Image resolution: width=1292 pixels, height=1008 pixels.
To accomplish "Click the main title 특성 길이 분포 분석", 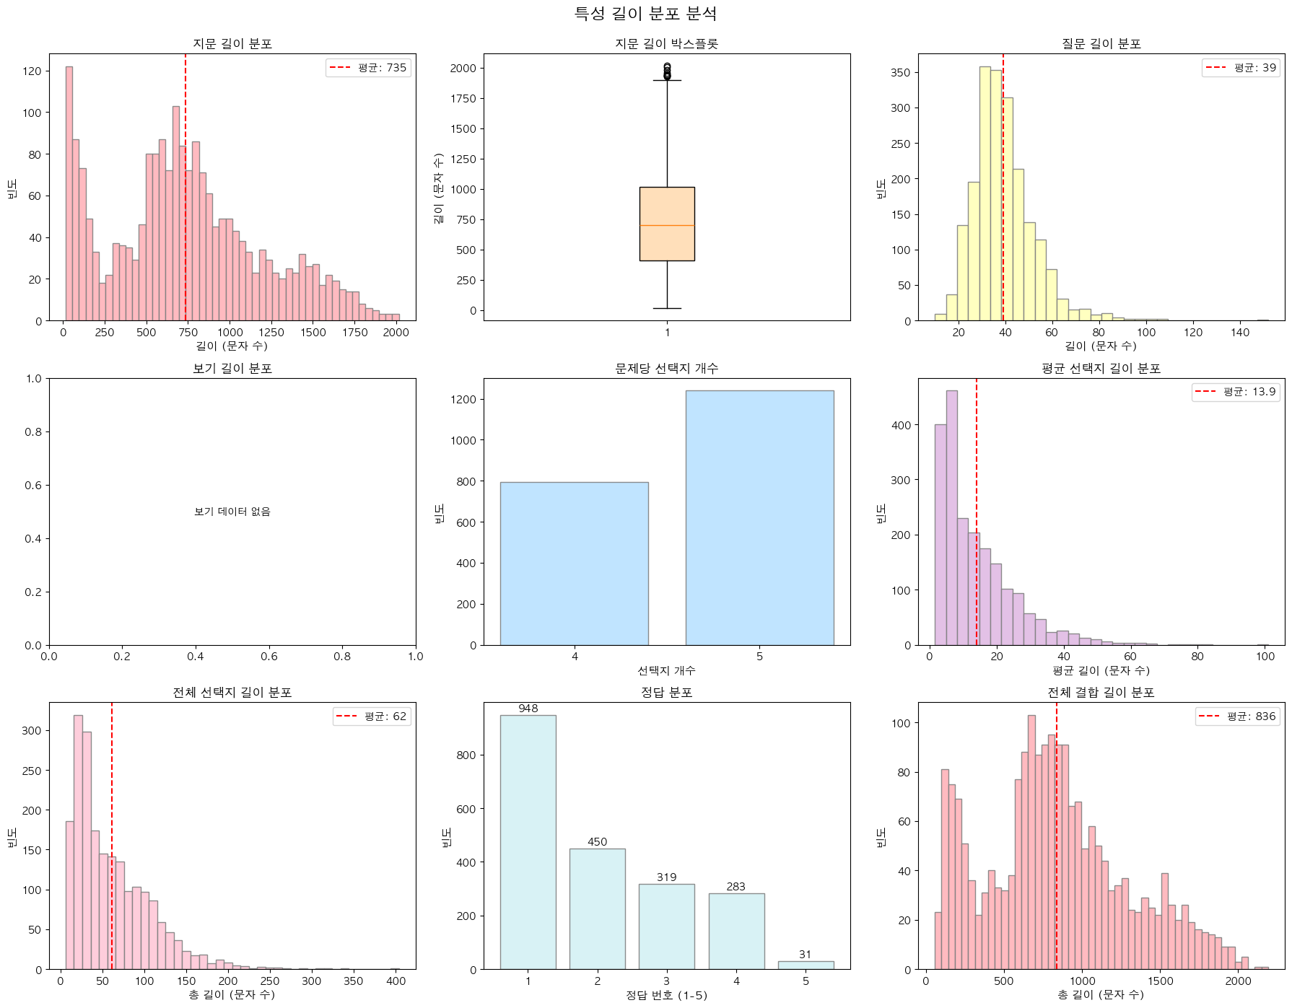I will click(x=645, y=14).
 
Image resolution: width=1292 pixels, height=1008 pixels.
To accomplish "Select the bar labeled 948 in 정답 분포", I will click(x=528, y=841).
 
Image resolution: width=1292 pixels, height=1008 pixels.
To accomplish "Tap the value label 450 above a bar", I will click(x=597, y=842).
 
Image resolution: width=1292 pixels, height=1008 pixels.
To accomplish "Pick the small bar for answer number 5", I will click(x=806, y=965).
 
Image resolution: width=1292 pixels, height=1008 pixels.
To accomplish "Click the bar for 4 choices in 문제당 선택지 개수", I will click(x=574, y=564).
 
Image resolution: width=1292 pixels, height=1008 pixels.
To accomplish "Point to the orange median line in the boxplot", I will click(x=667, y=226).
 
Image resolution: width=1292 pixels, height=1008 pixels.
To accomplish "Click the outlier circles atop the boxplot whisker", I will click(x=667, y=71).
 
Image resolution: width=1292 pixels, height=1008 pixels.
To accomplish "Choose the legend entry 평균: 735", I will click(x=369, y=68).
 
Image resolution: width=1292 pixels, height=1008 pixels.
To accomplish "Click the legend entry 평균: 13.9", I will click(x=1234, y=392).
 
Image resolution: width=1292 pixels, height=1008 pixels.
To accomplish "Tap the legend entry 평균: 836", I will click(x=1236, y=716).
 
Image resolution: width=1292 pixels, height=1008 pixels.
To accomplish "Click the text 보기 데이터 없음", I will click(x=232, y=512).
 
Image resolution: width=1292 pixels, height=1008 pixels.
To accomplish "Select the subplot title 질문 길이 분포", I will click(x=1101, y=44).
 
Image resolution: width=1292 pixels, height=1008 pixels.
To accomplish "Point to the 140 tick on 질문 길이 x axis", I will click(x=1240, y=332).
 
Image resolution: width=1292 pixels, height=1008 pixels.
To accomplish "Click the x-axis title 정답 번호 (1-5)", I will click(x=666, y=995).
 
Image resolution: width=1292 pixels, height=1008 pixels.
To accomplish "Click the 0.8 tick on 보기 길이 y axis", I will click(x=32, y=431).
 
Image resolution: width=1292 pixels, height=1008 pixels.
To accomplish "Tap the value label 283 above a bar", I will click(x=736, y=887).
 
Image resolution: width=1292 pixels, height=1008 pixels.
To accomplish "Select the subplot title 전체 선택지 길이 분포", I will click(x=232, y=693).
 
